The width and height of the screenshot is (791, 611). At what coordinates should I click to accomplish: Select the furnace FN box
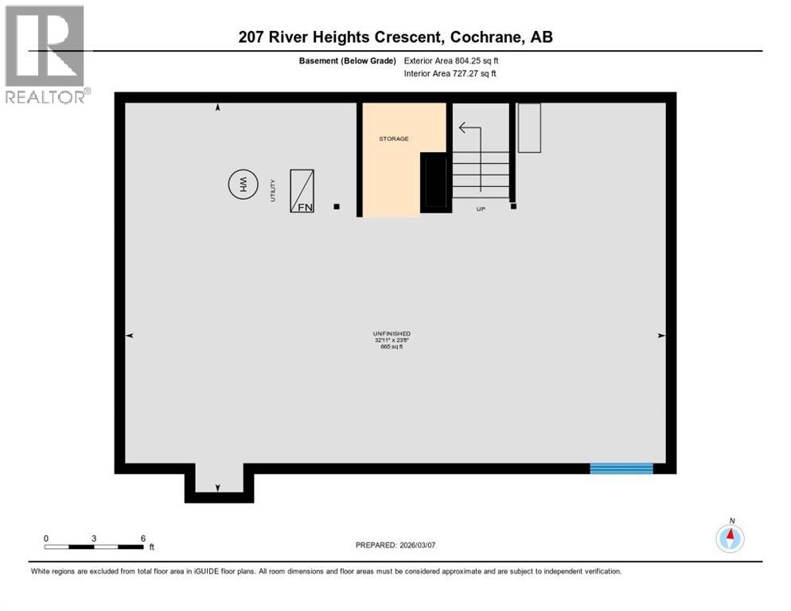(x=302, y=191)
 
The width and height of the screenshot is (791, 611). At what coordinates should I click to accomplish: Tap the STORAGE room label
(x=393, y=139)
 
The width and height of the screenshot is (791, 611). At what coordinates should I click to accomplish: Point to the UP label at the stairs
(x=480, y=209)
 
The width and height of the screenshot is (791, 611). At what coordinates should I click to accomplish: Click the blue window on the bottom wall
(x=621, y=468)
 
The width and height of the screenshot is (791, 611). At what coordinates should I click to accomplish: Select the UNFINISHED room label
(x=392, y=333)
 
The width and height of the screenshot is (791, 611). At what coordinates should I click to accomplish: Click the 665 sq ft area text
(x=392, y=346)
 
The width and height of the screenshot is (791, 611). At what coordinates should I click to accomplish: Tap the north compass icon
(x=730, y=539)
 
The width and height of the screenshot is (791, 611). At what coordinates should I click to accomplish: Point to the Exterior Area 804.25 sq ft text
(x=451, y=60)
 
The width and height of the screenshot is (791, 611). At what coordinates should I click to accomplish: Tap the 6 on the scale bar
(x=142, y=539)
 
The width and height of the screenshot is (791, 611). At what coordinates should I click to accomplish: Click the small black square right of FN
(x=337, y=207)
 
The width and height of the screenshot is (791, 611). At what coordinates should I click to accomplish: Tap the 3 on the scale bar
(x=94, y=539)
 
